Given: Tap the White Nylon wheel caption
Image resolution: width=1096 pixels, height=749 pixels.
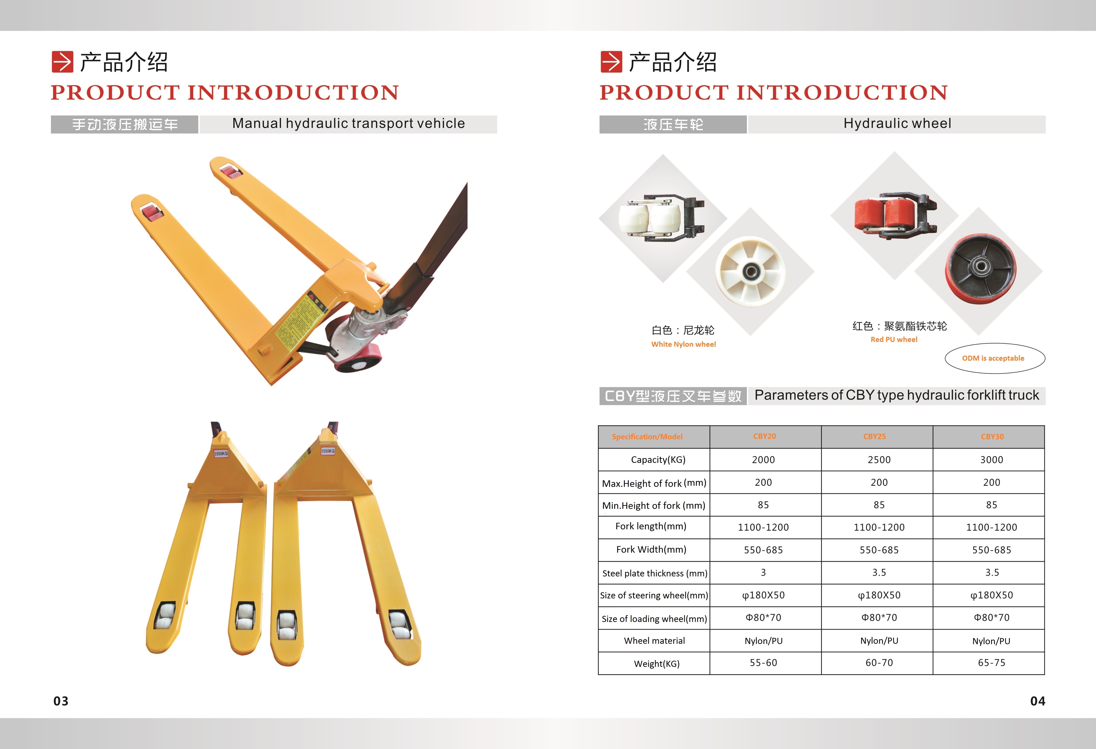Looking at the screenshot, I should tap(683, 344).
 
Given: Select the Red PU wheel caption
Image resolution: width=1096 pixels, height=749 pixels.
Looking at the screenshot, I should tap(894, 340).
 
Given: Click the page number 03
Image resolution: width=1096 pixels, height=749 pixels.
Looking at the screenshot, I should tap(61, 701).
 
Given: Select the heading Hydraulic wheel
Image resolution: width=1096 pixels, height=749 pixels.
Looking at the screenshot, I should tap(897, 124).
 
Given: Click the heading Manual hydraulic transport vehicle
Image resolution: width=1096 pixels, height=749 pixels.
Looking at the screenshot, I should tap(349, 124).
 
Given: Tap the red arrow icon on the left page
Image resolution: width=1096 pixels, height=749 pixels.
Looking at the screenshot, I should tap(62, 62).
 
